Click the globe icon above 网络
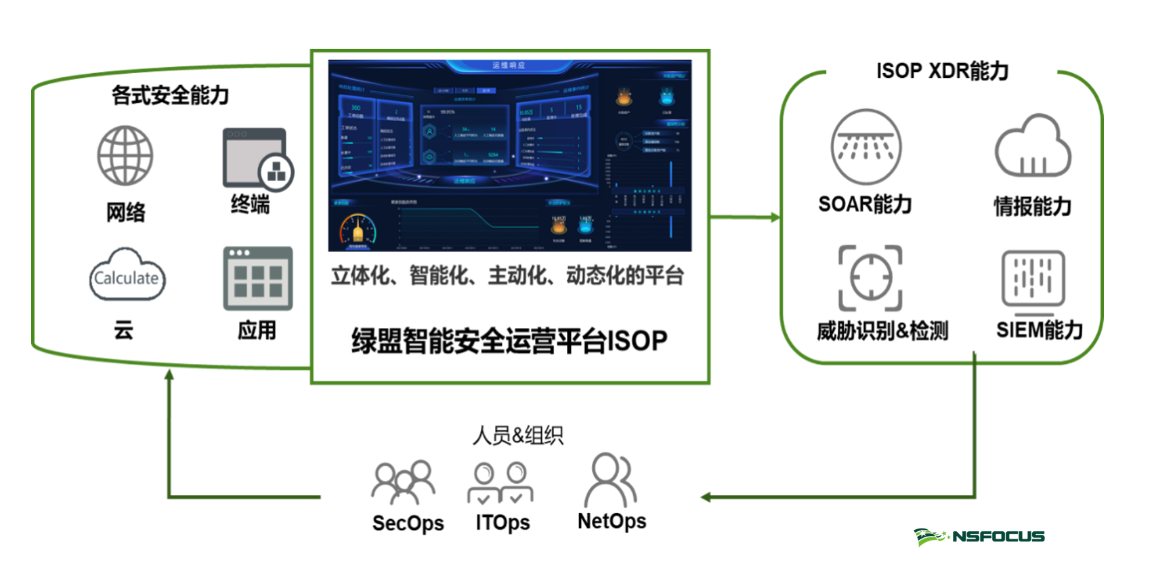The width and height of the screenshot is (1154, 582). tap(125, 155)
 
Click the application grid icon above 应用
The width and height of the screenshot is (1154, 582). tap(258, 278)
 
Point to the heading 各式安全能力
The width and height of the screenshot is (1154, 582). tap(170, 95)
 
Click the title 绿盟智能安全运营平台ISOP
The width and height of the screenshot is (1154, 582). tap(509, 340)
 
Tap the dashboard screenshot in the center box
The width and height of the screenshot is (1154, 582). tap(509, 155)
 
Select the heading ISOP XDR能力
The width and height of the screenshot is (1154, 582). tap(942, 70)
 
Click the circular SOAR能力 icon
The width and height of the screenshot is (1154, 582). tap(865, 146)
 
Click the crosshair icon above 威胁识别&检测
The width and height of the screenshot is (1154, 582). tap(870, 278)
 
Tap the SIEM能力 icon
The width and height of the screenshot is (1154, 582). tap(1033, 278)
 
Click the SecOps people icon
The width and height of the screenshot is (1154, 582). tap(404, 482)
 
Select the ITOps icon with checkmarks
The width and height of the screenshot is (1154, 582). tap(500, 482)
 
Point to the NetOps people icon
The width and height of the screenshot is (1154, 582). tap(612, 480)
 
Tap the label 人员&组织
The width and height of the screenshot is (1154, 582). tap(518, 435)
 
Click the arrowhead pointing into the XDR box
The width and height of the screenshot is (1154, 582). tap(775, 217)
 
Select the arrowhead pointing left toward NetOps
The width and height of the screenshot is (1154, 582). tap(706, 497)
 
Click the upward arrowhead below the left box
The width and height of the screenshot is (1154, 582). tap(169, 374)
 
